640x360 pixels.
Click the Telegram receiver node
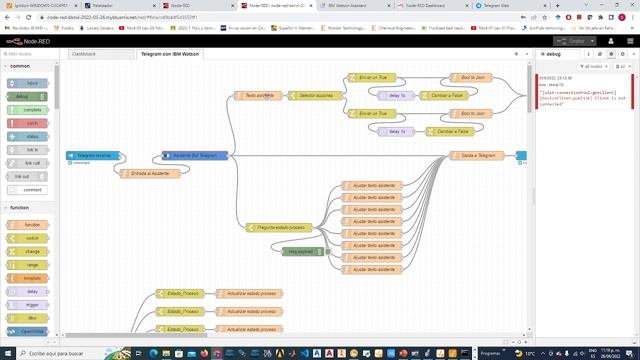(96, 156)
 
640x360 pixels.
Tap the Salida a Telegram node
(473, 156)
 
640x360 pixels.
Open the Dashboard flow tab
(89, 54)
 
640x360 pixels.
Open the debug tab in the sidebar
(551, 54)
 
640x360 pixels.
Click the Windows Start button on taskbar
(7, 353)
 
